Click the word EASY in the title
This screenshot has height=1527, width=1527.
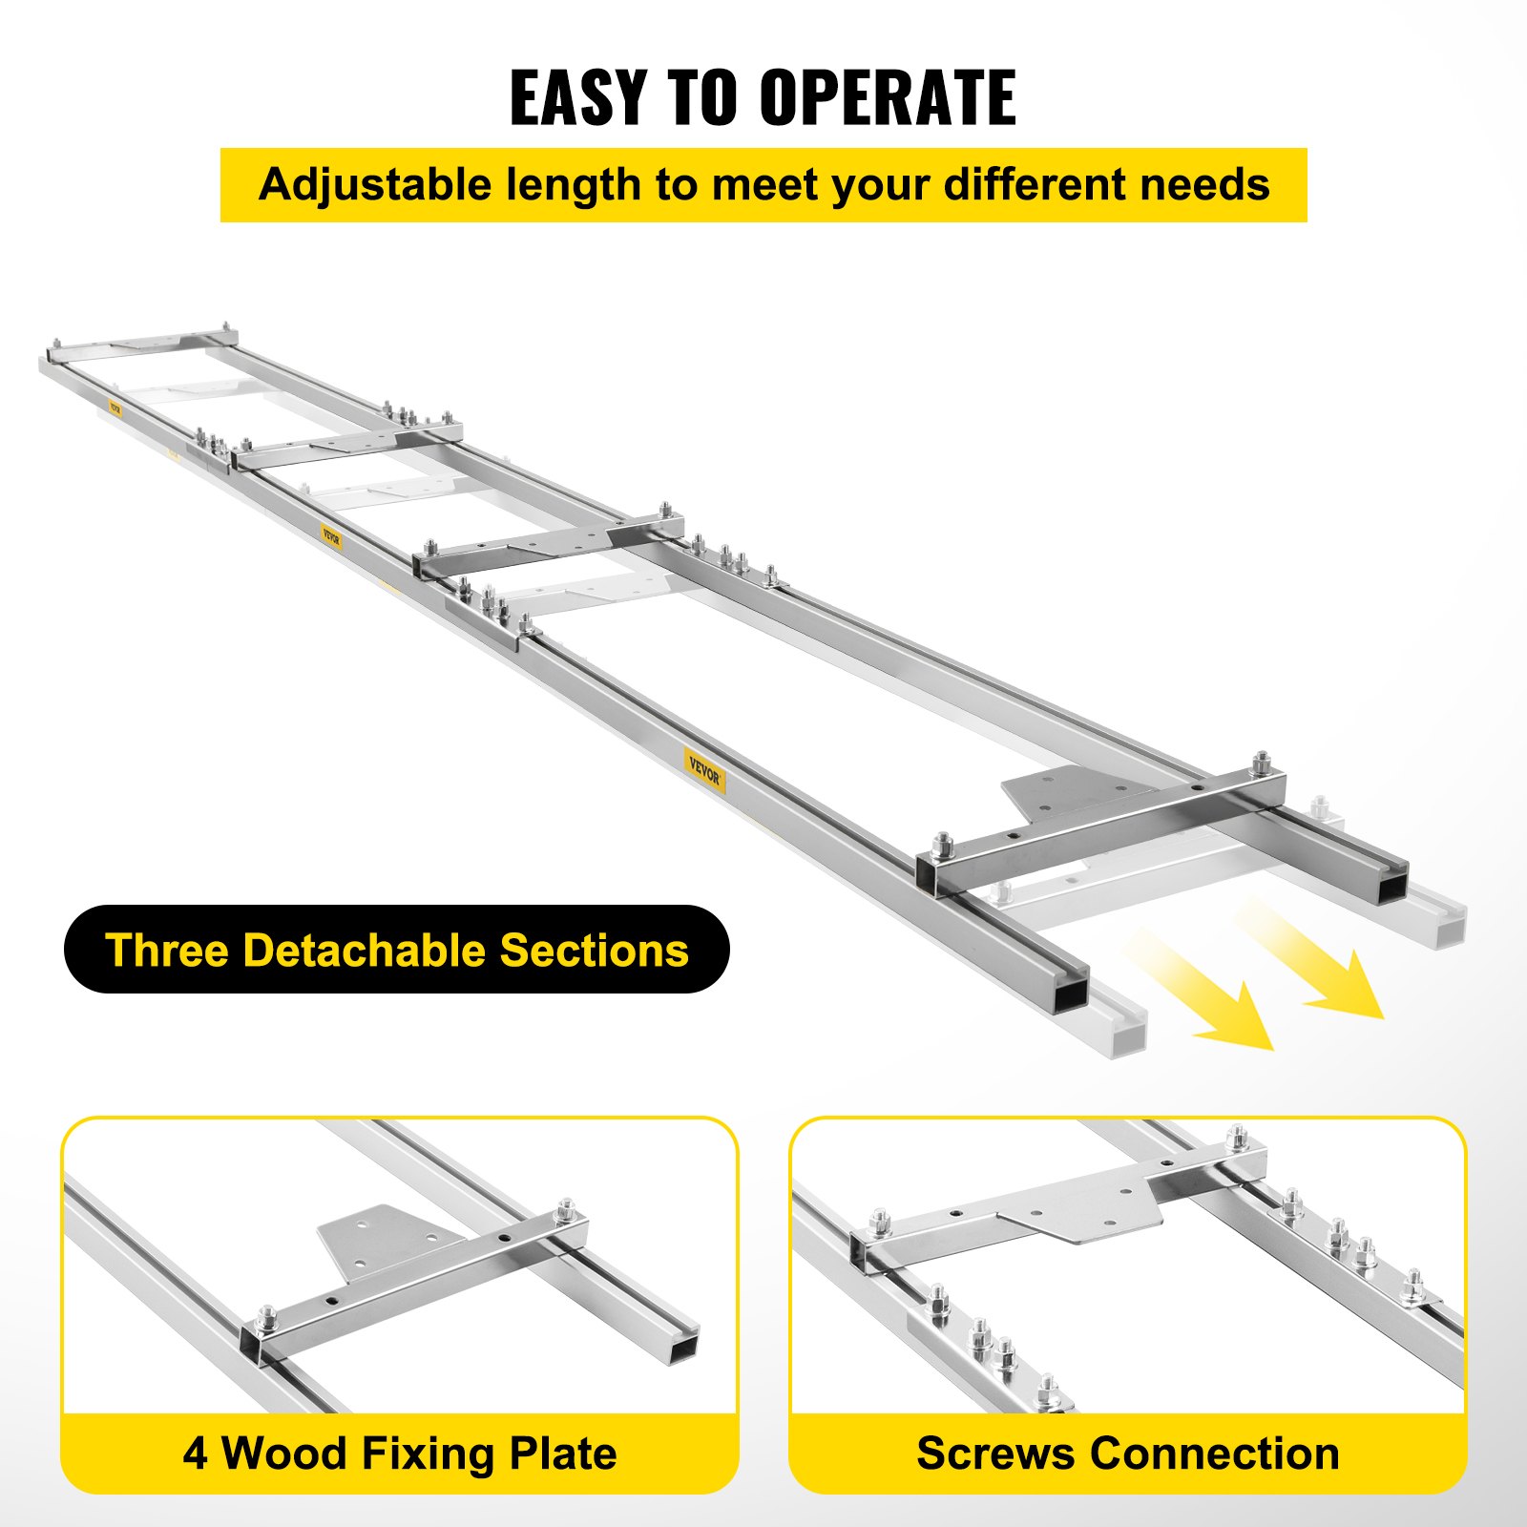[577, 98]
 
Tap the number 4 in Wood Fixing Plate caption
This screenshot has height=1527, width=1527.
[195, 1454]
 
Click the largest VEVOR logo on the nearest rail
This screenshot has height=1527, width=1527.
[705, 771]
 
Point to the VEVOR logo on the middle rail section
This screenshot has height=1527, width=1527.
[330, 538]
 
